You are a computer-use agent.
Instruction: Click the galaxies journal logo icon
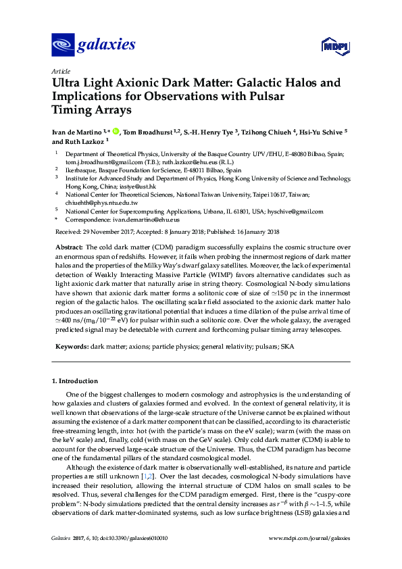(63, 45)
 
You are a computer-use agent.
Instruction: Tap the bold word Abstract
(68, 249)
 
